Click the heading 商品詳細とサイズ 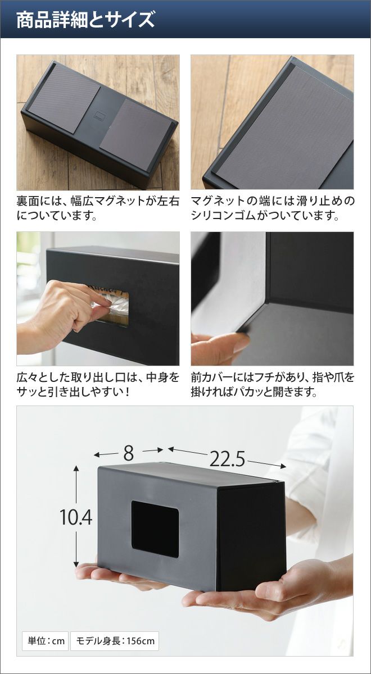click(x=85, y=20)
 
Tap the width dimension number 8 click(x=128, y=453)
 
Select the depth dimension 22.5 click(x=227, y=459)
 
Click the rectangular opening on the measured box click(x=155, y=525)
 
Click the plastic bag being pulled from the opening click(x=112, y=303)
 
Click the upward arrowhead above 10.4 click(x=76, y=470)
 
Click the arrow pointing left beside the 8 click(x=106, y=454)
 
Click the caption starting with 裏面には click(x=98, y=208)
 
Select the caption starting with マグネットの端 click(x=272, y=208)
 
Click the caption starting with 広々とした click(x=98, y=384)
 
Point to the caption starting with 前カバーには click(x=272, y=384)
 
